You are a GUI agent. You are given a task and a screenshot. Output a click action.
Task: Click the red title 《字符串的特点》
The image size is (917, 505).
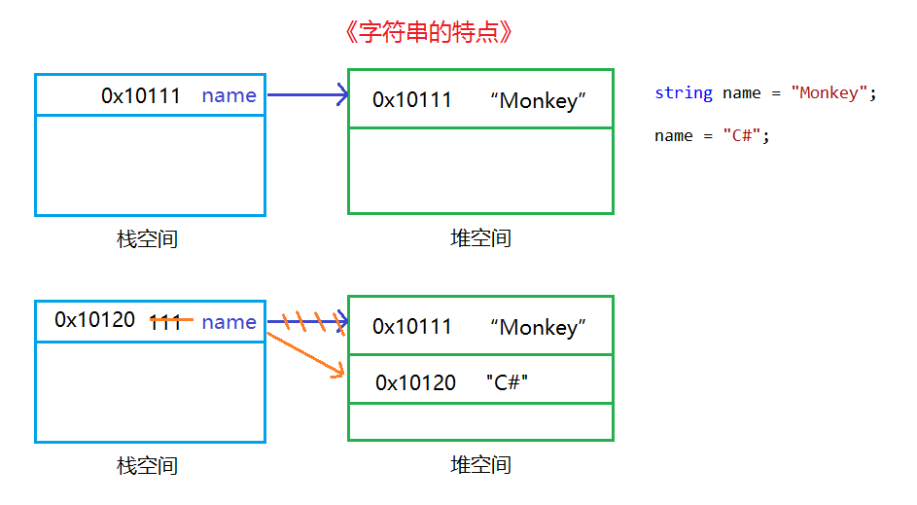point(428,32)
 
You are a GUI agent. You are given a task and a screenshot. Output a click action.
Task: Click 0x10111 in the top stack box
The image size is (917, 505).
point(141,95)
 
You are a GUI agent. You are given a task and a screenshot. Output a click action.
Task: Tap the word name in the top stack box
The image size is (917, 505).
point(229,95)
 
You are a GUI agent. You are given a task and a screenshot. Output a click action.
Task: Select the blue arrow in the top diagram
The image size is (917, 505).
point(306,95)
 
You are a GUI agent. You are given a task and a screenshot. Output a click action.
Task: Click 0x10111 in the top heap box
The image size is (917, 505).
point(412,99)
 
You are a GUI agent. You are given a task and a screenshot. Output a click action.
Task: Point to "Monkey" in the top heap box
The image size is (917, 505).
point(538,99)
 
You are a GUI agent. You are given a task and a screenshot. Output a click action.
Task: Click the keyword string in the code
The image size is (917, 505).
point(684,93)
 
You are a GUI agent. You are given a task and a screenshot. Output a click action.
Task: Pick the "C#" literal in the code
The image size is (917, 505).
point(742,136)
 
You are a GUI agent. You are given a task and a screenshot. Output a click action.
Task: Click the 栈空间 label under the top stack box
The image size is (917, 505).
point(147,238)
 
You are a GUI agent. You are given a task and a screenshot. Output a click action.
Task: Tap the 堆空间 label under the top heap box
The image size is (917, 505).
point(480,238)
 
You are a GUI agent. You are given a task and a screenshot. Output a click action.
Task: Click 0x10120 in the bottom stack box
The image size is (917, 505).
point(94,319)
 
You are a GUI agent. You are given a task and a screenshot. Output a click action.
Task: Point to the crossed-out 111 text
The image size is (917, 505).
point(167,321)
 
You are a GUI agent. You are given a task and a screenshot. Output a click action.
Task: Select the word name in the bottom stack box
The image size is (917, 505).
point(229,322)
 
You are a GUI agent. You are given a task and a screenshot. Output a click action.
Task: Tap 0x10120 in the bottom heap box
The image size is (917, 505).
point(415,382)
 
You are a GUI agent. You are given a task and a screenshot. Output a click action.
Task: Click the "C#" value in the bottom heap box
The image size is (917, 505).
point(506,382)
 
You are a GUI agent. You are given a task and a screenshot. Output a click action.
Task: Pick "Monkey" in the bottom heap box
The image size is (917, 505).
point(538,327)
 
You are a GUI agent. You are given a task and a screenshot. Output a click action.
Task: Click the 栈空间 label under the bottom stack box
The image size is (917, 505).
point(147,466)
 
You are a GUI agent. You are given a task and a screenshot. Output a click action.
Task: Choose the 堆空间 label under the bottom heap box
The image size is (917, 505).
point(480,465)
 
